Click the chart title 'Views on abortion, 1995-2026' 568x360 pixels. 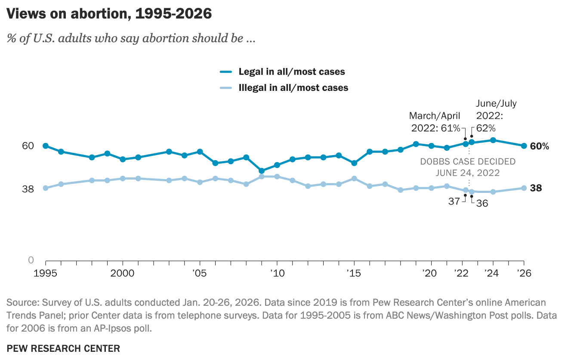tap(109, 14)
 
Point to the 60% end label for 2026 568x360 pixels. tap(539, 146)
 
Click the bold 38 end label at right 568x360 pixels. tap(536, 188)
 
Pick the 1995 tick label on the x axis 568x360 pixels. tap(46, 273)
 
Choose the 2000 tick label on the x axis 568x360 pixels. tap(123, 273)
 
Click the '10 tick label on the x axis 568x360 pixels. tap(276, 273)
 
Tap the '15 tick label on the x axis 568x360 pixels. tap(354, 273)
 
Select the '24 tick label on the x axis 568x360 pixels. tap(492, 273)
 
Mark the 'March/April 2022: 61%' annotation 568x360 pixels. tap(435, 122)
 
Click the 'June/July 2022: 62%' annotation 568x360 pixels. tap(496, 115)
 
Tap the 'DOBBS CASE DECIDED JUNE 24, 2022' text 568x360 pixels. tap(468, 167)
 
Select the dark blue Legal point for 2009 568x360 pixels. tap(262, 171)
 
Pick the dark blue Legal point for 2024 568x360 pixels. tap(493, 140)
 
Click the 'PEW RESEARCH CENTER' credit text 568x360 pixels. tap(63, 348)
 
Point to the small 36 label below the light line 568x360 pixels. tap(482, 203)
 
